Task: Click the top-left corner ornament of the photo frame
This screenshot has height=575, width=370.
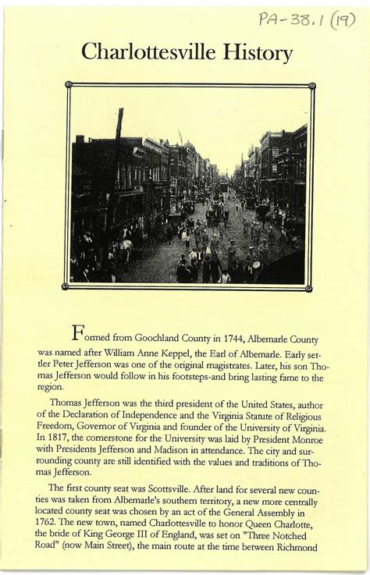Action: (x=69, y=84)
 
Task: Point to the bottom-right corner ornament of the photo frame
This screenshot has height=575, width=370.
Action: (x=310, y=287)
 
